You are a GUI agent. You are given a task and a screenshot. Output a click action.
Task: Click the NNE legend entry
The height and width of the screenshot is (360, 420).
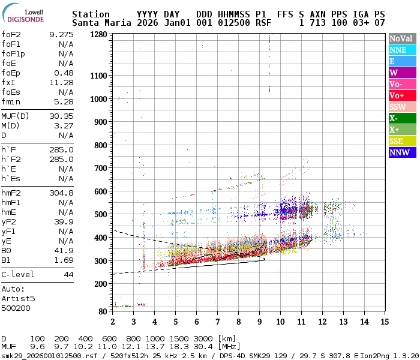tap(398, 50)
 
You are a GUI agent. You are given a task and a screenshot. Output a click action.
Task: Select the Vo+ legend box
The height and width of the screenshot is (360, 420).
tap(398, 95)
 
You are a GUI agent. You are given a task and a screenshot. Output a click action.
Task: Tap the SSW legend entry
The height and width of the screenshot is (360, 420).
tap(398, 107)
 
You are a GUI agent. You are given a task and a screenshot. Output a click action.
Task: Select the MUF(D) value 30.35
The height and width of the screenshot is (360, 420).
tap(61, 116)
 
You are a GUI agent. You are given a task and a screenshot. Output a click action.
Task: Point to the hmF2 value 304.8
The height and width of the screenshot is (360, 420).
tap(61, 193)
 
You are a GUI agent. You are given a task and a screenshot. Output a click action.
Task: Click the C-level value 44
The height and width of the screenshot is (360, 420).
tap(68, 274)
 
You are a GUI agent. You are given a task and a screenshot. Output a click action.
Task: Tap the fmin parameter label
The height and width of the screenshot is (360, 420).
tap(10, 101)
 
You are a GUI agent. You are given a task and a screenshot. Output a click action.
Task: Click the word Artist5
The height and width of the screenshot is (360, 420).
tap(18, 298)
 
